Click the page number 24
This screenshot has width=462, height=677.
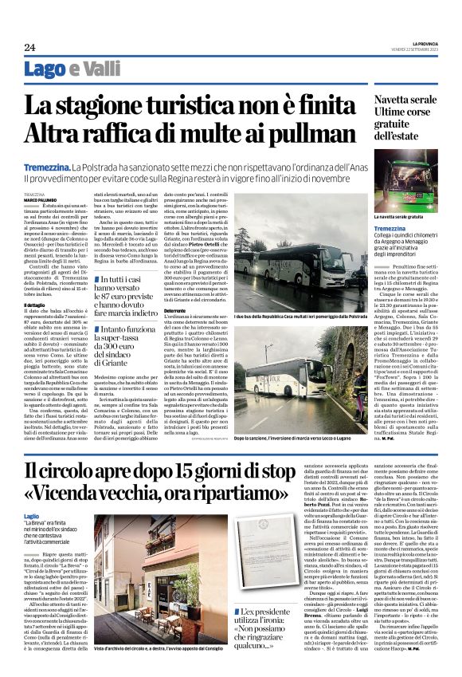29,47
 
